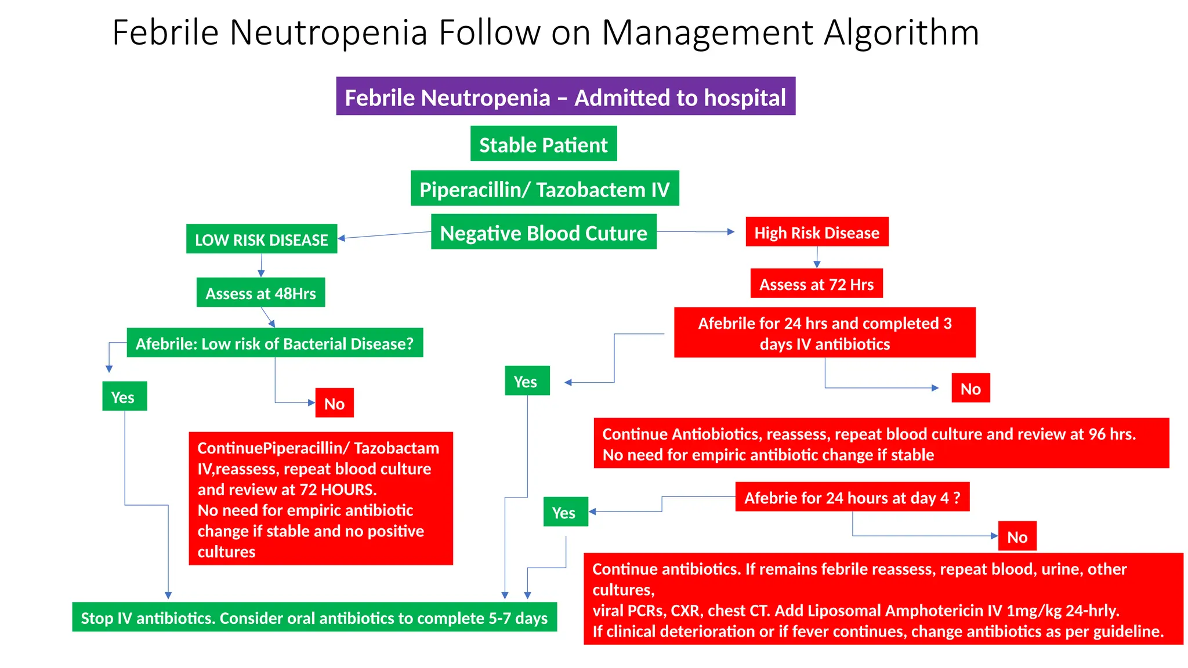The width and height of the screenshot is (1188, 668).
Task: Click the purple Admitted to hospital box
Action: tap(566, 97)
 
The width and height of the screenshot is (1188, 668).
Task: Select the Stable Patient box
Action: tap(544, 144)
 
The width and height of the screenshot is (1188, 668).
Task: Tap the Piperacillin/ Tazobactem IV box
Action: tap(545, 189)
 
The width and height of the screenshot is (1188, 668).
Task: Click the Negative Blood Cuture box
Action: tap(544, 233)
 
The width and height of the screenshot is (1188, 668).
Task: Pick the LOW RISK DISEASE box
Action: tap(261, 239)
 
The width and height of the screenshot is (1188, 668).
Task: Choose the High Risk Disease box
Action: tap(817, 233)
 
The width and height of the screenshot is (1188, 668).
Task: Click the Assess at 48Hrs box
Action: tap(260, 293)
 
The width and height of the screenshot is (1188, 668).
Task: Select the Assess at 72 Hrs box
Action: tap(816, 284)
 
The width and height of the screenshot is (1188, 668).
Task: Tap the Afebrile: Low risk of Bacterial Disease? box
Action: tap(274, 343)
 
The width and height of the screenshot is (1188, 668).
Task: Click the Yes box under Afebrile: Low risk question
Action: tap(124, 397)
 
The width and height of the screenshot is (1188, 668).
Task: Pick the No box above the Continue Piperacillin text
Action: tap(334, 404)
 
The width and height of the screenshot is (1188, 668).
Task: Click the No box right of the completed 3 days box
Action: tap(970, 389)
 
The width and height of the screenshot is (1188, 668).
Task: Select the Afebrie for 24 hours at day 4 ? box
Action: tap(852, 498)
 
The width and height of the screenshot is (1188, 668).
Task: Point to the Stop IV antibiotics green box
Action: tap(314, 618)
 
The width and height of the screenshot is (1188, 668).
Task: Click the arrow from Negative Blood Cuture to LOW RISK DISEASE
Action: tap(384, 235)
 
